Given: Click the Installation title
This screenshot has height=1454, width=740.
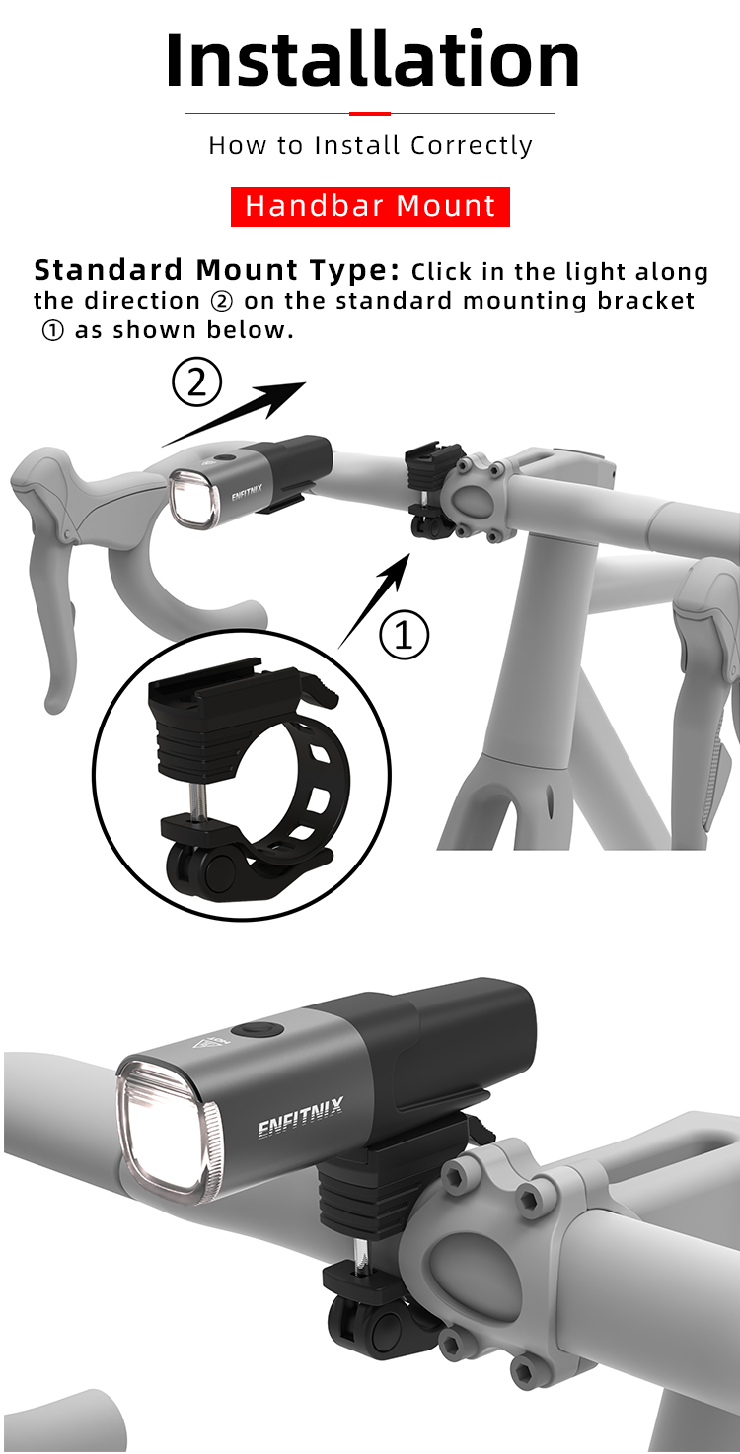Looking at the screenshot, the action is [x=372, y=59].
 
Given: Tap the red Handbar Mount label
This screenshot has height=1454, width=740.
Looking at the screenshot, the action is [x=370, y=206].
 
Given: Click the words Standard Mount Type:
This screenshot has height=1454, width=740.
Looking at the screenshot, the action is [x=216, y=270].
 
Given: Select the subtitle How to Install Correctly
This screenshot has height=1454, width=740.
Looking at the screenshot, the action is [x=370, y=145].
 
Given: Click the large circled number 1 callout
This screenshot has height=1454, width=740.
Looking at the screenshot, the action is [x=405, y=634].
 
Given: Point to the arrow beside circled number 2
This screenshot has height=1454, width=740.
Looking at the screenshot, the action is [x=234, y=413].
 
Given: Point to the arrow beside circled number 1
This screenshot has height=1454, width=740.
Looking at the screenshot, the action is [x=374, y=600].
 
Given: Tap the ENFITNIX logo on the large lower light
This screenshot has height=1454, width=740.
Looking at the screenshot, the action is [x=300, y=1117].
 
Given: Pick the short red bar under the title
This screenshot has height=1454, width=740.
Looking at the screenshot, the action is [x=370, y=114].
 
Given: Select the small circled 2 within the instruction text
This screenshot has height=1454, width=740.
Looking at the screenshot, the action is [x=222, y=302].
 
